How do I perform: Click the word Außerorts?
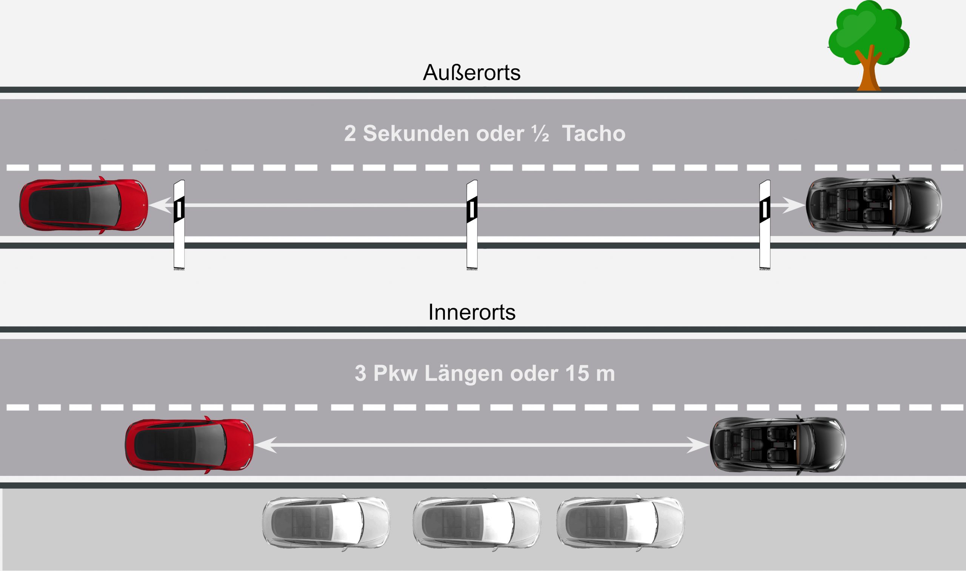pyautogui.click(x=471, y=72)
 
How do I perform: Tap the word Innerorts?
pyautogui.click(x=471, y=312)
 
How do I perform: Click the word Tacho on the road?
pyautogui.click(x=594, y=134)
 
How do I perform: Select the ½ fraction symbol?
pyautogui.click(x=541, y=134)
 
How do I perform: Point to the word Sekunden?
pyautogui.click(x=416, y=134)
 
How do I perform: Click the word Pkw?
pyautogui.click(x=395, y=373)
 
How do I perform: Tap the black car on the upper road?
pyautogui.click(x=874, y=205)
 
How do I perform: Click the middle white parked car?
pyautogui.click(x=477, y=522)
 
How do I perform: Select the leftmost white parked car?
pyautogui.click(x=326, y=522)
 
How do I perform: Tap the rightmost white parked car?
pyautogui.click(x=620, y=522)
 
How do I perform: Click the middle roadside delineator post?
pyautogui.click(x=472, y=225)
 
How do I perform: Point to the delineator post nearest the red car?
pyautogui.click(x=179, y=225)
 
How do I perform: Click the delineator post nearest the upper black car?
pyautogui.click(x=765, y=225)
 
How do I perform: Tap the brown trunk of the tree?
pyautogui.click(x=869, y=75)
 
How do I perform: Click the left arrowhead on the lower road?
pyautogui.click(x=266, y=445)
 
